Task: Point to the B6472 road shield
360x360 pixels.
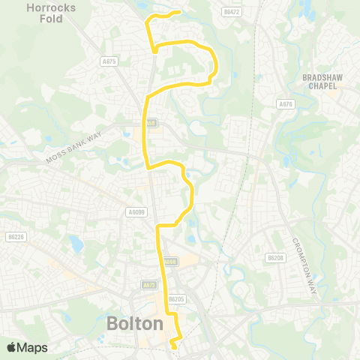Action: click(x=232, y=12)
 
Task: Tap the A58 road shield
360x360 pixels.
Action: click(x=151, y=123)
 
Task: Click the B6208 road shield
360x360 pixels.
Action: click(x=275, y=257)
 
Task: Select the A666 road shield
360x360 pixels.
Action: click(x=171, y=262)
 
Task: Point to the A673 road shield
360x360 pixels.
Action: click(x=148, y=286)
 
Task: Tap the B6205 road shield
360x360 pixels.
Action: click(x=176, y=298)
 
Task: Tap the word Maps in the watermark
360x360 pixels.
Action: click(x=34, y=347)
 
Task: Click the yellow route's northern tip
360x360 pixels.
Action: click(x=178, y=12)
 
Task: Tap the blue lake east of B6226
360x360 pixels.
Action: click(x=75, y=244)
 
